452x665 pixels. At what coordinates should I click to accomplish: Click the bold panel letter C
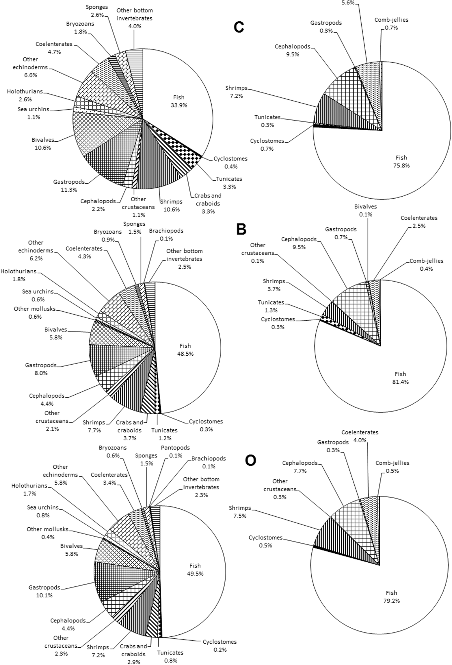point(239,27)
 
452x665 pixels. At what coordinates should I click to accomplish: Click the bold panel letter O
point(250,461)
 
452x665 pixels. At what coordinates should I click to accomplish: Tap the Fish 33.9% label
point(179,101)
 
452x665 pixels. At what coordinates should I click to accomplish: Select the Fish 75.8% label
point(401,162)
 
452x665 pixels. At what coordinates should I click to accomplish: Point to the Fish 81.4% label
point(400,378)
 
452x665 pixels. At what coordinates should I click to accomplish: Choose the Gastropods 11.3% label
point(69,186)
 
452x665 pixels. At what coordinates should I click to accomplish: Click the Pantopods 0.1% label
point(175,451)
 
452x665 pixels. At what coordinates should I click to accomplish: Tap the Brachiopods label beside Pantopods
point(209,462)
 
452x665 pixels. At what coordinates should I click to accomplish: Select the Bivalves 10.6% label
point(43,144)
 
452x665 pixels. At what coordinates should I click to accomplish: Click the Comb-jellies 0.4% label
point(426,265)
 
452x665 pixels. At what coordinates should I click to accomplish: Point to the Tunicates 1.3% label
point(271,306)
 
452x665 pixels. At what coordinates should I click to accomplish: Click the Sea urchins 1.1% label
point(34,113)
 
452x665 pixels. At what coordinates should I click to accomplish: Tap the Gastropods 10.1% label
point(44,591)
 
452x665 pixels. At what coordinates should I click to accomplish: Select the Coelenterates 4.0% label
point(360,436)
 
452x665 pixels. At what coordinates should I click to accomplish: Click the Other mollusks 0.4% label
point(47,533)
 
